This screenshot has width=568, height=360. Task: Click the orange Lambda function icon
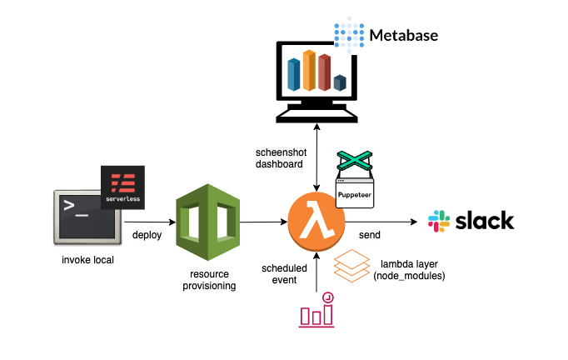coord(316,222)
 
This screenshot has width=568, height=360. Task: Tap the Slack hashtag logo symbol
coord(439,221)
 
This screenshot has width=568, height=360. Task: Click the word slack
coord(485,221)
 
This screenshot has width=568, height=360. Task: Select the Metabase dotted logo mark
coord(349,35)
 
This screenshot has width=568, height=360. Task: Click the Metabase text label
coord(404,36)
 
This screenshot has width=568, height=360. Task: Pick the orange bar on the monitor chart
coord(309,70)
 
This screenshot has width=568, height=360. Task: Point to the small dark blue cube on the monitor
coord(340,82)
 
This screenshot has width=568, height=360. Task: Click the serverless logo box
coord(122,187)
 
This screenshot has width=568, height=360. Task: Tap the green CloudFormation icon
coord(207,222)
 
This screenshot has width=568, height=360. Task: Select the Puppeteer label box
coord(355,193)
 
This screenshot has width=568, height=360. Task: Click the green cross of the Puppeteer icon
coord(354,160)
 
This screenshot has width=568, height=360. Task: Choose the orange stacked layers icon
coord(351,266)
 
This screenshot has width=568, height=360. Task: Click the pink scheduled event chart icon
coord(316,310)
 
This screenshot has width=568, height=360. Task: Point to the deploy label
coord(147,235)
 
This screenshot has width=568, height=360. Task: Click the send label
coord(370,235)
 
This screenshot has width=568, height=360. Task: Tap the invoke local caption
coord(87,260)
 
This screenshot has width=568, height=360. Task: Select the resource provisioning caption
coord(209,279)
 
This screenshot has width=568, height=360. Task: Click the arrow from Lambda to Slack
coord(381,222)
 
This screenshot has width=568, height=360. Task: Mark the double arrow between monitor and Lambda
coord(316,157)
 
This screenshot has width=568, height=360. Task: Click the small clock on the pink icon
coord(328,297)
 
